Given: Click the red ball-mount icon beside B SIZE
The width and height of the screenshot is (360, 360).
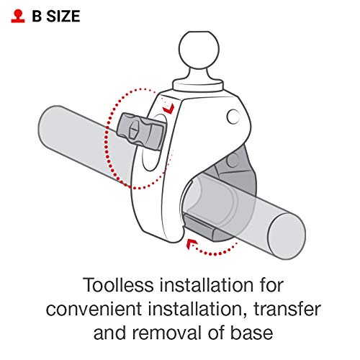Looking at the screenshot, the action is pos(18,16).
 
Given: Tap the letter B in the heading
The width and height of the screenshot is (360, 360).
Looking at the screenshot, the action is pos(37,17).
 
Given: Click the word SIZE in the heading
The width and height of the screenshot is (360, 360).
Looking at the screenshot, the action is pos(63,17).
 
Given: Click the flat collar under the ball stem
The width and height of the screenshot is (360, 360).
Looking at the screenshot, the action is pos(198,86).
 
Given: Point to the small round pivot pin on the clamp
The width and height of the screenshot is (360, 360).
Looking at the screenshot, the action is pos(233,117).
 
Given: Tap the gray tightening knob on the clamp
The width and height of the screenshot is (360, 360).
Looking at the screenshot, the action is pos(141,131).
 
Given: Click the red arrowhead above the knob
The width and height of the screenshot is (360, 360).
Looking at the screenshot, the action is pos(168,109).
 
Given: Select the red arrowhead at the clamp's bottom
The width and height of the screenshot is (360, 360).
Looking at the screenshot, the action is pos(192,244).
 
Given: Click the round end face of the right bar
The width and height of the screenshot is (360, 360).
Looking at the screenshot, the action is pos(287,236).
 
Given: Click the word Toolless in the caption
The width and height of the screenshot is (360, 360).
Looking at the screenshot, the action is pos(118,285).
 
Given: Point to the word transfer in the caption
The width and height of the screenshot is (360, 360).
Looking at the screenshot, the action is pos(287,309).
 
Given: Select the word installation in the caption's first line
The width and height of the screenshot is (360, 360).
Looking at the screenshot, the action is pos(207,285).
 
